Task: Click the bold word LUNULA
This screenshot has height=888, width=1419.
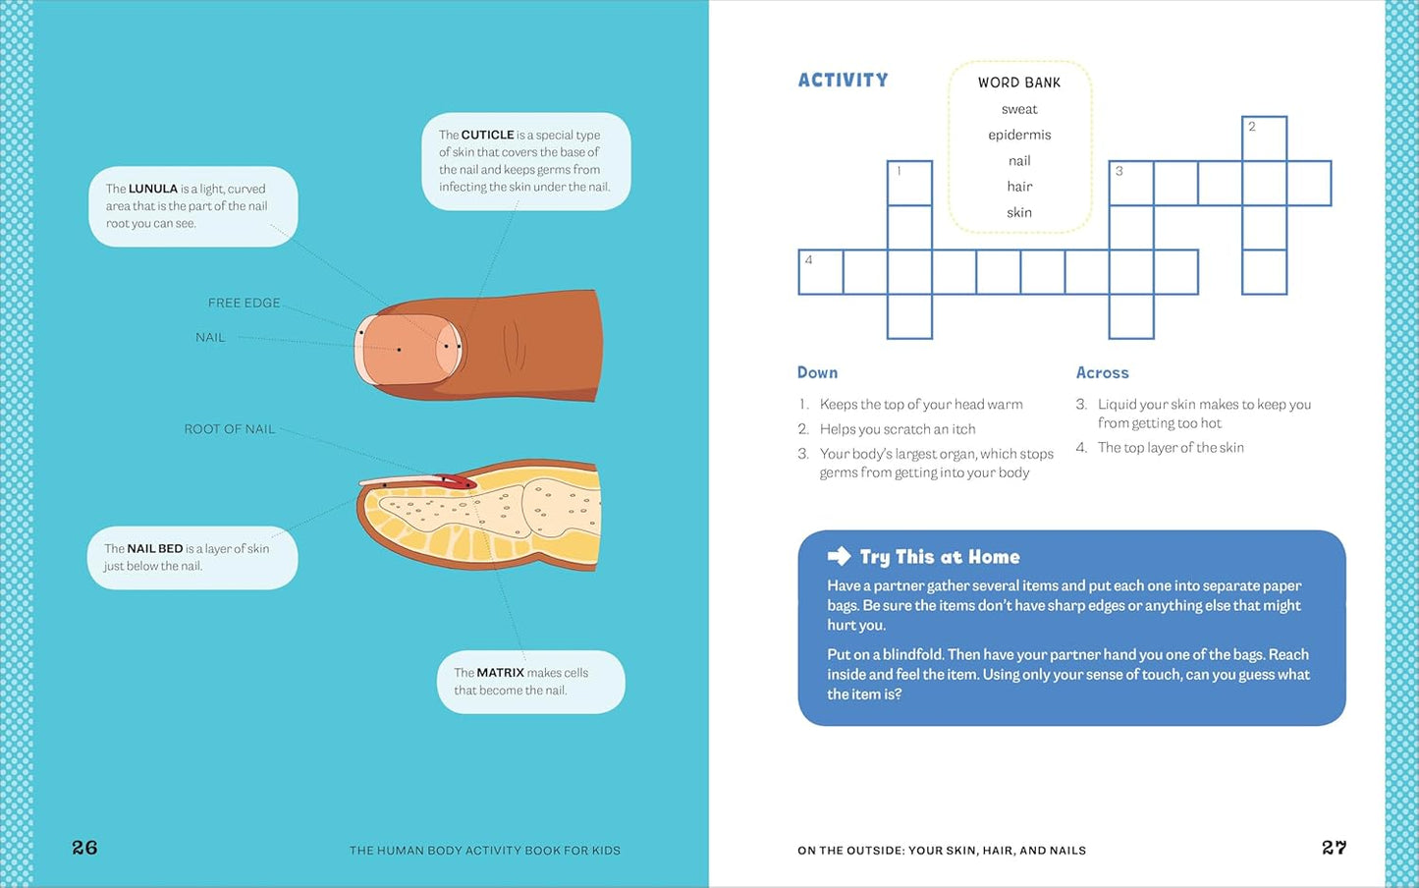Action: click(152, 189)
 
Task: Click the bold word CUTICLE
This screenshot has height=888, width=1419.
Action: click(487, 135)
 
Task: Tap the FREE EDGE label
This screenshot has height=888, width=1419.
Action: click(244, 303)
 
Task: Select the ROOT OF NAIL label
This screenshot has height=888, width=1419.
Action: click(229, 429)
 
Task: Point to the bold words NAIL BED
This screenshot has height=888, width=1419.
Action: click(154, 548)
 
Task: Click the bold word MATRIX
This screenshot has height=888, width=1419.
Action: click(500, 673)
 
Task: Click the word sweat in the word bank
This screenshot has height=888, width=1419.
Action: click(1019, 109)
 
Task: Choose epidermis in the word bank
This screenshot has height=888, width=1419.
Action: click(1019, 135)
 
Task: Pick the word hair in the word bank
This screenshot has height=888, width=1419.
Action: click(1019, 187)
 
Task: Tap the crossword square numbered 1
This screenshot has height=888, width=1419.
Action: click(909, 184)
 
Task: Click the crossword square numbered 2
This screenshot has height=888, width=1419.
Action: click(1264, 139)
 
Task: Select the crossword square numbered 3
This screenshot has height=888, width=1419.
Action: click(1131, 184)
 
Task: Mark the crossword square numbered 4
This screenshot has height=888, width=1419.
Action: click(821, 272)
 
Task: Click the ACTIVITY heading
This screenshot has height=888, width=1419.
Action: click(843, 81)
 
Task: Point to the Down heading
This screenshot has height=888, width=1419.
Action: click(817, 372)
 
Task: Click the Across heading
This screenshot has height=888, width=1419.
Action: click(1102, 372)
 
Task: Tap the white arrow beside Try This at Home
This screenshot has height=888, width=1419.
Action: click(839, 556)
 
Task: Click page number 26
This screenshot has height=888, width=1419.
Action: click(84, 848)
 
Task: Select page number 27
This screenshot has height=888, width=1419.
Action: click(1334, 848)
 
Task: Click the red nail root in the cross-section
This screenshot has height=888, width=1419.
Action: click(457, 481)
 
